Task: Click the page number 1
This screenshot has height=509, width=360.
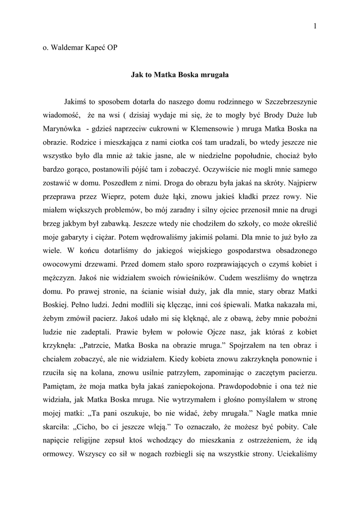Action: [315, 26]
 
